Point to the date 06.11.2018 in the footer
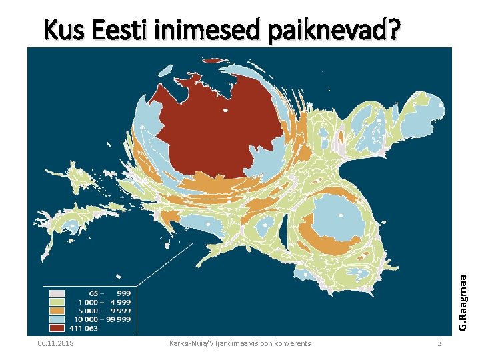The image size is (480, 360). click(x=56, y=343)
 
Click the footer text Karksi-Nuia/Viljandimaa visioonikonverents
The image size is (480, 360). click(x=240, y=343)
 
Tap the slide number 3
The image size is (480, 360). click(x=439, y=343)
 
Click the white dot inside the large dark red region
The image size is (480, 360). click(x=225, y=110)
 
